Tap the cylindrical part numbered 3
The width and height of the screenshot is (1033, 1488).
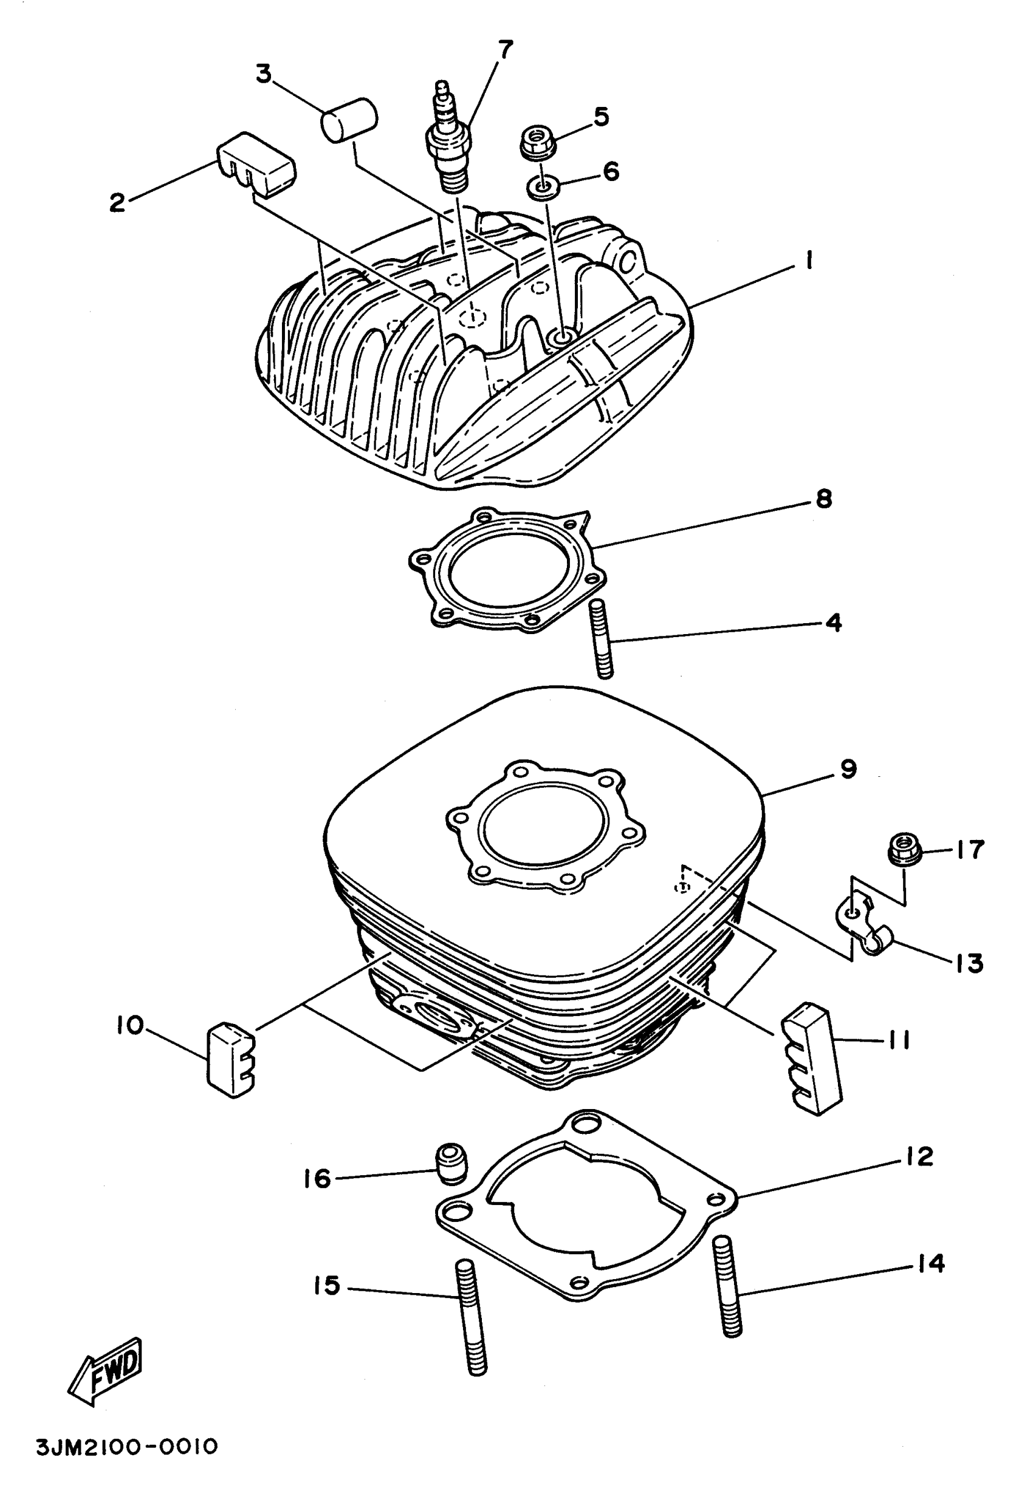[x=349, y=118]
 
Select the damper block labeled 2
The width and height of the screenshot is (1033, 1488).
[x=256, y=164]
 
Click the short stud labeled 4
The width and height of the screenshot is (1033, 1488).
[x=602, y=638]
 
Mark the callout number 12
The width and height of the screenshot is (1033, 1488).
[x=919, y=1157]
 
